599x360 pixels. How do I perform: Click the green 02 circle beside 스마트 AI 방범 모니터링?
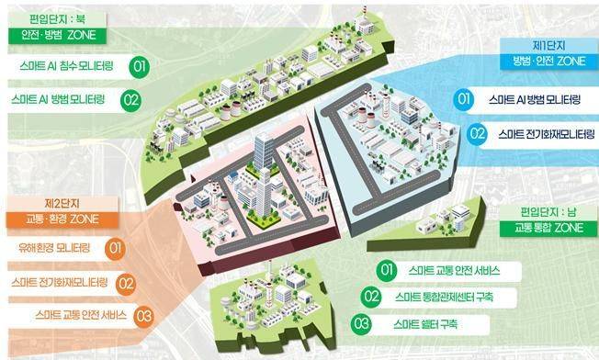click(x=130, y=98)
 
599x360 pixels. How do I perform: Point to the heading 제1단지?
click(x=545, y=45)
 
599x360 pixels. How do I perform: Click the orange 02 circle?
click(x=129, y=283)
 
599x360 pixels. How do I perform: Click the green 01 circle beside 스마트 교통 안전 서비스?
click(x=386, y=270)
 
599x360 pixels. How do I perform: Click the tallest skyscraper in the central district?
click(x=265, y=170)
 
